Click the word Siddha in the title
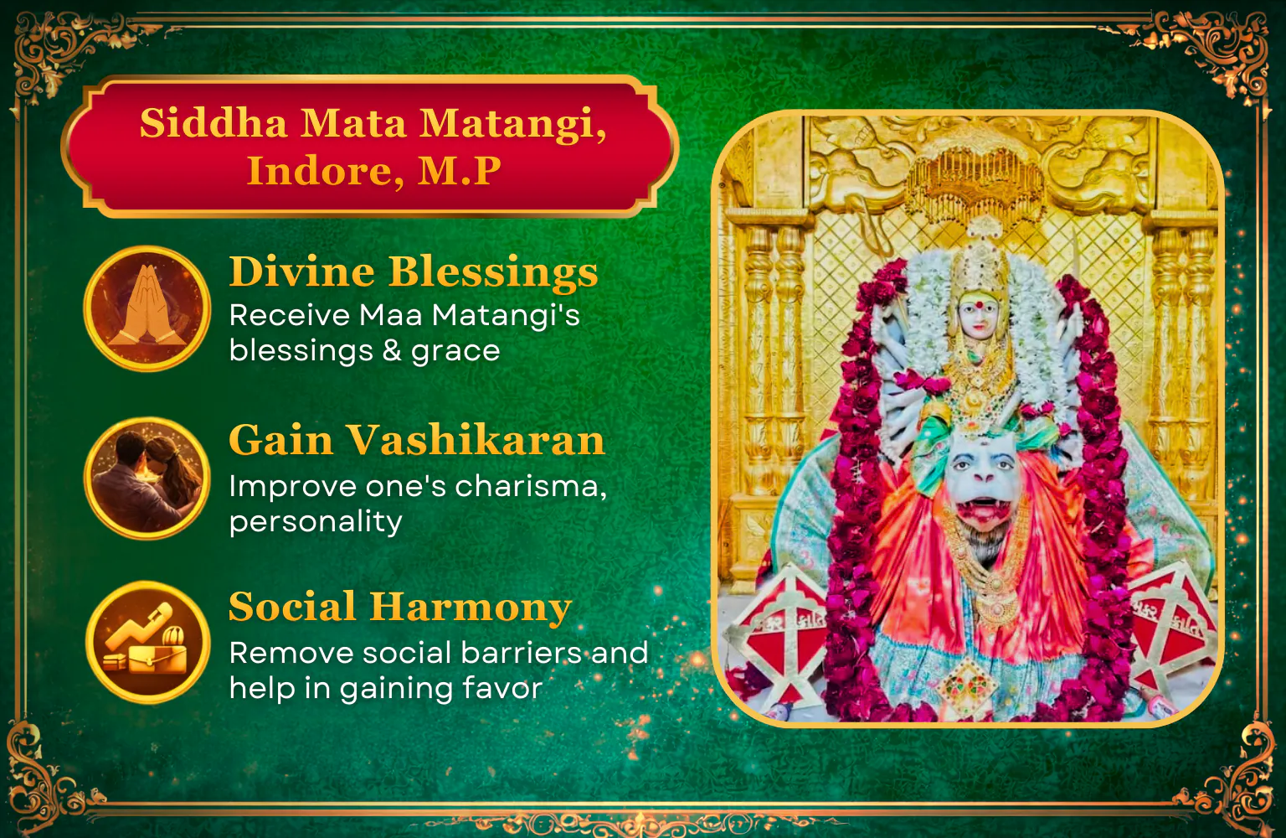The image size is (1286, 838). [213, 122]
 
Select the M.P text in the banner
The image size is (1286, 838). [460, 171]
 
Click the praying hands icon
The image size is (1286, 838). [147, 308]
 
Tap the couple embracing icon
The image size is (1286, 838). [147, 478]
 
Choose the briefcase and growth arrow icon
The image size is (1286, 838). [147, 642]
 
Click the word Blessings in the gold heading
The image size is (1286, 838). [493, 272]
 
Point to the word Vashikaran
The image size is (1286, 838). [476, 440]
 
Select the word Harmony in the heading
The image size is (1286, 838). [471, 608]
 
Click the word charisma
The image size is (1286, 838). [531, 486]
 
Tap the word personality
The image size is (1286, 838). [316, 523]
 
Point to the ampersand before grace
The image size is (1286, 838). [392, 350]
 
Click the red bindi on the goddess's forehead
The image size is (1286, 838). [979, 305]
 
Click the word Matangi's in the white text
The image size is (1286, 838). [506, 317]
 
